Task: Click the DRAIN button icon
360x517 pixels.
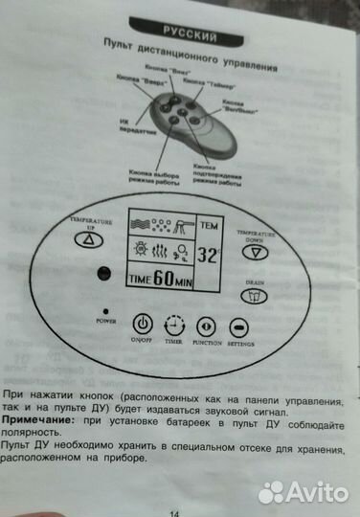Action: [255, 297]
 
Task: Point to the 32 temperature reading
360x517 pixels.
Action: [207, 256]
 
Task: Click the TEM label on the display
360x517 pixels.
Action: [208, 226]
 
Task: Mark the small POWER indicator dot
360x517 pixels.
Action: [103, 311]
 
